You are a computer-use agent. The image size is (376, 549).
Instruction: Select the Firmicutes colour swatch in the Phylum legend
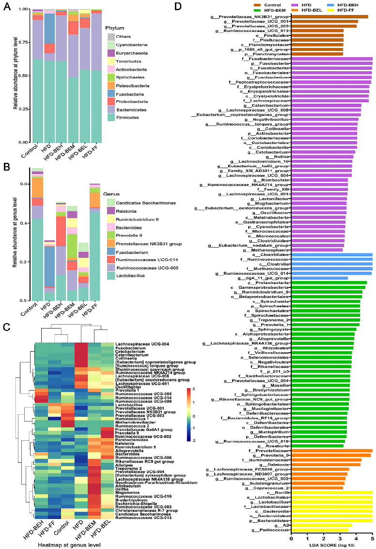pos(111,131)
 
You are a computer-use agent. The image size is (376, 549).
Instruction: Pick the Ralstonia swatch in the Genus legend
pos(111,211)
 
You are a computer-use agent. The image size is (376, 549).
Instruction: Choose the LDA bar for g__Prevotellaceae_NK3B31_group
pos(329,16)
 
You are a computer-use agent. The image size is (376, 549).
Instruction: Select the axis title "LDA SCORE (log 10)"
pos(332,545)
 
